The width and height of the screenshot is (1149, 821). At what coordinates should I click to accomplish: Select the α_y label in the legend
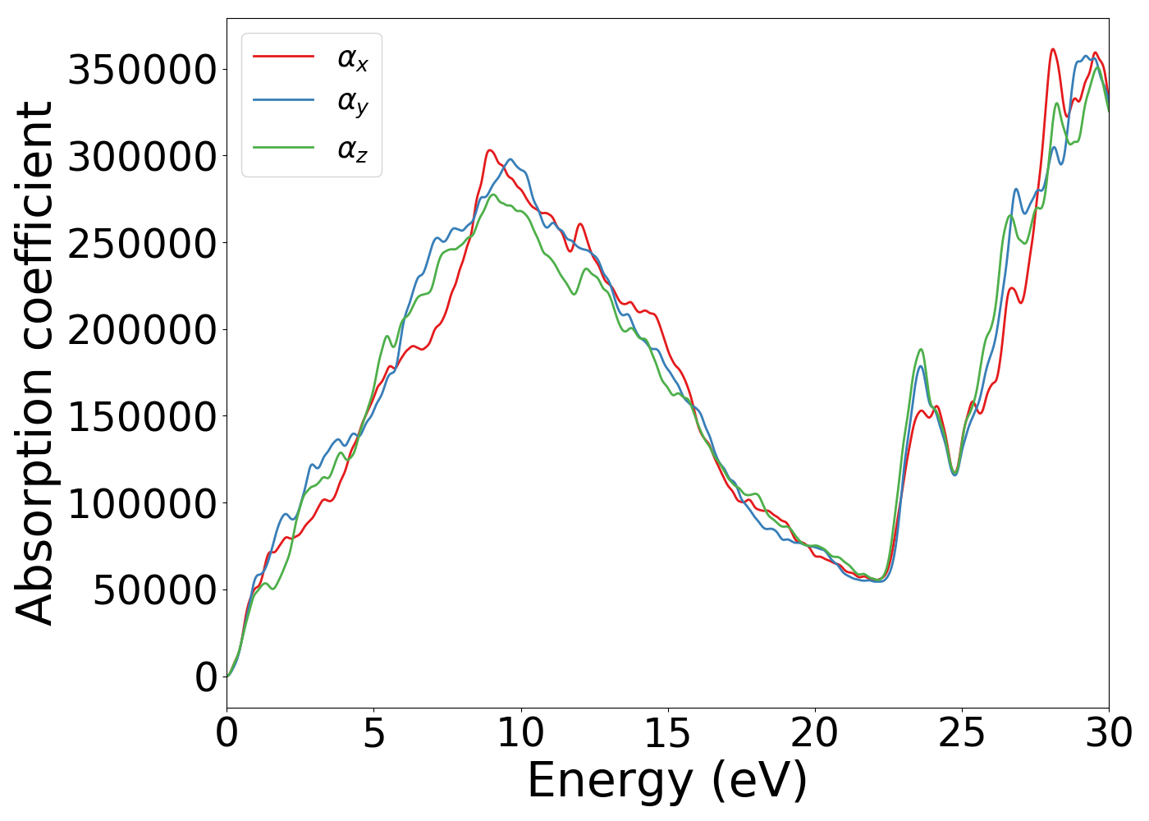pos(352,103)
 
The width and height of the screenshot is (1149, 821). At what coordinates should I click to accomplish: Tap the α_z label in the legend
pos(352,149)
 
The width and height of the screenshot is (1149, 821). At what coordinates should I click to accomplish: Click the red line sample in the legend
pos(283,56)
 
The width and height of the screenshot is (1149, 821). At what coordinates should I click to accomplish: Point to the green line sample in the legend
pos(283,148)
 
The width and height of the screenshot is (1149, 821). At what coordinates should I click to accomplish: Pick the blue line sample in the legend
pos(283,101)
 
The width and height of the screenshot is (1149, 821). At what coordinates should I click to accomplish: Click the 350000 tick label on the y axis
pos(142,70)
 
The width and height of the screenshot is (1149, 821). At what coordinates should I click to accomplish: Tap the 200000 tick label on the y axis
pos(142,330)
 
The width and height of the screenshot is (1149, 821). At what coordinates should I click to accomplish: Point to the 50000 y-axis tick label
pos(155,590)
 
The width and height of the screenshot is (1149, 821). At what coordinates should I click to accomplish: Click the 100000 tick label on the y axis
pos(142,503)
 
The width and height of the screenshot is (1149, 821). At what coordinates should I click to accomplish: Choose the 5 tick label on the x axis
pos(374,733)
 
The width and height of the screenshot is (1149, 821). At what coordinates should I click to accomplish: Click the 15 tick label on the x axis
pos(668,733)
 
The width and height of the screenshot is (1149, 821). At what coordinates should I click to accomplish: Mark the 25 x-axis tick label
pos(962,733)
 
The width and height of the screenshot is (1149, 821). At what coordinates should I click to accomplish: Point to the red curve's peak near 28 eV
pos(1053,49)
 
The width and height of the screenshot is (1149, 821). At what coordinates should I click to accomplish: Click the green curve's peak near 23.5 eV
pos(921,349)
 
